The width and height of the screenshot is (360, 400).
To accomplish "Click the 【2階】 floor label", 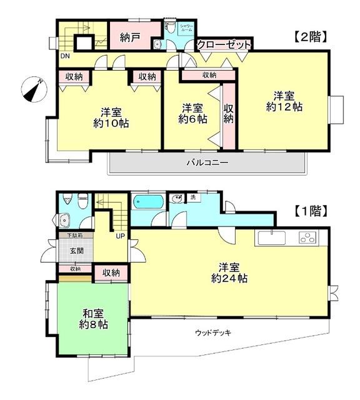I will (x=311, y=37).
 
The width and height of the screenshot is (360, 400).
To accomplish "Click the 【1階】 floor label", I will (x=311, y=211).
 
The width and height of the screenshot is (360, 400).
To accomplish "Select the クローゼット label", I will (x=224, y=45).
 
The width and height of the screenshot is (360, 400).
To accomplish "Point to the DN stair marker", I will (x=65, y=56).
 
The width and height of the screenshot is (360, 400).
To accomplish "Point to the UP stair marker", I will (x=119, y=236).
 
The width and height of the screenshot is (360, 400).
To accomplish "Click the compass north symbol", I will (x=33, y=89).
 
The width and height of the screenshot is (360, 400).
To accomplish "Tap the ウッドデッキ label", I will (x=213, y=332).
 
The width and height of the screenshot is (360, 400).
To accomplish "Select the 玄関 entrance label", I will (x=76, y=251).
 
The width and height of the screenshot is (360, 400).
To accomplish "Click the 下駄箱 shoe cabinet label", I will (x=75, y=236).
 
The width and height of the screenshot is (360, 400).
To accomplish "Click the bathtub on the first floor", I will (x=148, y=202).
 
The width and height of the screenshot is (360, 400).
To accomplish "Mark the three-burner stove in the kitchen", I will (x=307, y=237).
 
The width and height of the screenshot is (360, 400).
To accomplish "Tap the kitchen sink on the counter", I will (x=271, y=237).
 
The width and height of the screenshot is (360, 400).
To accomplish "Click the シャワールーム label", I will (x=186, y=28).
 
